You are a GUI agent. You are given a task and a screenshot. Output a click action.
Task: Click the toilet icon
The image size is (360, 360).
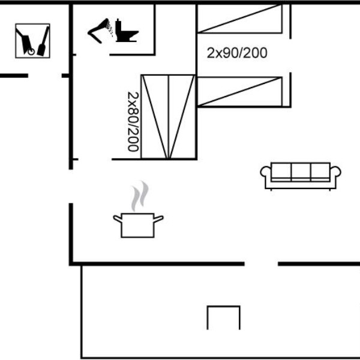tap(126, 31)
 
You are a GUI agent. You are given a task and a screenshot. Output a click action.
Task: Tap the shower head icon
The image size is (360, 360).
tap(100, 31)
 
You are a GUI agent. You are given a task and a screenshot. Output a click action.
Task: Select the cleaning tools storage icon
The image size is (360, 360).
tap(32, 41)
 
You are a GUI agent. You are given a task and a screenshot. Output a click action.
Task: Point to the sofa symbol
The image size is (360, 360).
tap(301, 176)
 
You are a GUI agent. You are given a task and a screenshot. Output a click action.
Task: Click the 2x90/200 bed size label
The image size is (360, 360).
tap(237, 53)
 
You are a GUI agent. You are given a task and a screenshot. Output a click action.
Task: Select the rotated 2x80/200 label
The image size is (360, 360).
tap(133, 122)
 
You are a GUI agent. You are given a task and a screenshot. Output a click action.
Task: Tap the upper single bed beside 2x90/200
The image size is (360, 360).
tap(239, 19)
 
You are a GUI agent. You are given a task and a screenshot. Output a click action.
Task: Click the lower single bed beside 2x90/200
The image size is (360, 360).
tap(239, 92)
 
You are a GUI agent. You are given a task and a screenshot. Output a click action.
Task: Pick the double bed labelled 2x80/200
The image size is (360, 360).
tap(168, 116)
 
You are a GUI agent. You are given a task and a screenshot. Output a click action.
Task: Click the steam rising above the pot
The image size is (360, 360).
tap(140, 196)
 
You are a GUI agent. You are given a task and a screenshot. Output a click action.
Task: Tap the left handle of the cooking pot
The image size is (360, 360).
tap(118, 218)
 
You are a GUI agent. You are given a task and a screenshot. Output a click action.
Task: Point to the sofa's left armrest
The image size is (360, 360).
tap(266, 172)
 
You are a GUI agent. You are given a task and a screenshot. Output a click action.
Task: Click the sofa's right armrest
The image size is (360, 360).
tap(335, 172)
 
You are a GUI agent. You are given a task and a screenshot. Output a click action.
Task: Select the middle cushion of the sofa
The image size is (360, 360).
tap(301, 172)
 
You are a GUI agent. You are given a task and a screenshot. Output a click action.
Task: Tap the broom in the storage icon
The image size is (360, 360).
tap(43, 41)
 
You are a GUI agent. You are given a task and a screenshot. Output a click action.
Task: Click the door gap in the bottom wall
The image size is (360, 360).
tap(261, 264)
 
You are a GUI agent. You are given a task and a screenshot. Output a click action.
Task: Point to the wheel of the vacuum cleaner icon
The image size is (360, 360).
tap(31, 52)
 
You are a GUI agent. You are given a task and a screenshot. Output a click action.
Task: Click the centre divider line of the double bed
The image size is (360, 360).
tap(168, 116)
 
